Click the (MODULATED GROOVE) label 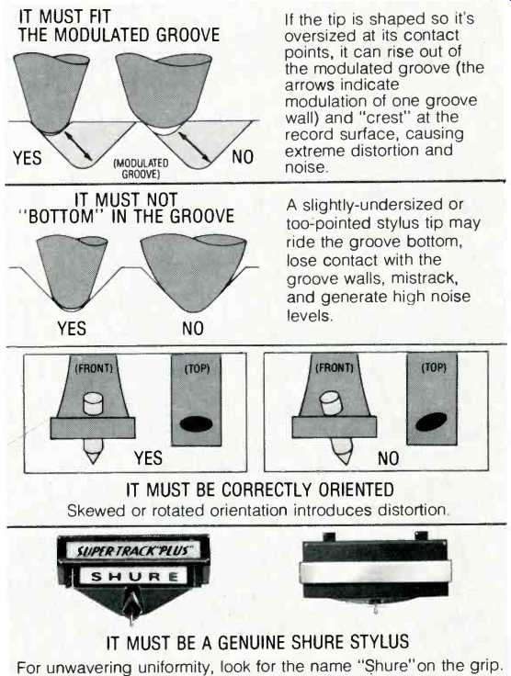[x=141, y=169]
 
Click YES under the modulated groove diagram [x=28, y=158]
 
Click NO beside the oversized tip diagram [x=243, y=157]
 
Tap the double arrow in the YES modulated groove [x=78, y=146]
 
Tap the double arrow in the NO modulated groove [x=195, y=148]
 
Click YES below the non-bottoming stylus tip [x=72, y=329]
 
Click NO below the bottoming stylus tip [x=192, y=329]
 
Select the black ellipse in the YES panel [x=196, y=424]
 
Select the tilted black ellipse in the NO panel [x=431, y=422]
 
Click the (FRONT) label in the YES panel [x=94, y=368]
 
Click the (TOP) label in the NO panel [x=434, y=367]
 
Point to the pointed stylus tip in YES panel [x=93, y=451]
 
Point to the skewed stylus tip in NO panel [x=342, y=451]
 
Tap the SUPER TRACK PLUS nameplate [x=133, y=550]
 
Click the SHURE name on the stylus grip [x=133, y=576]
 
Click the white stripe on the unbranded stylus [x=375, y=573]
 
